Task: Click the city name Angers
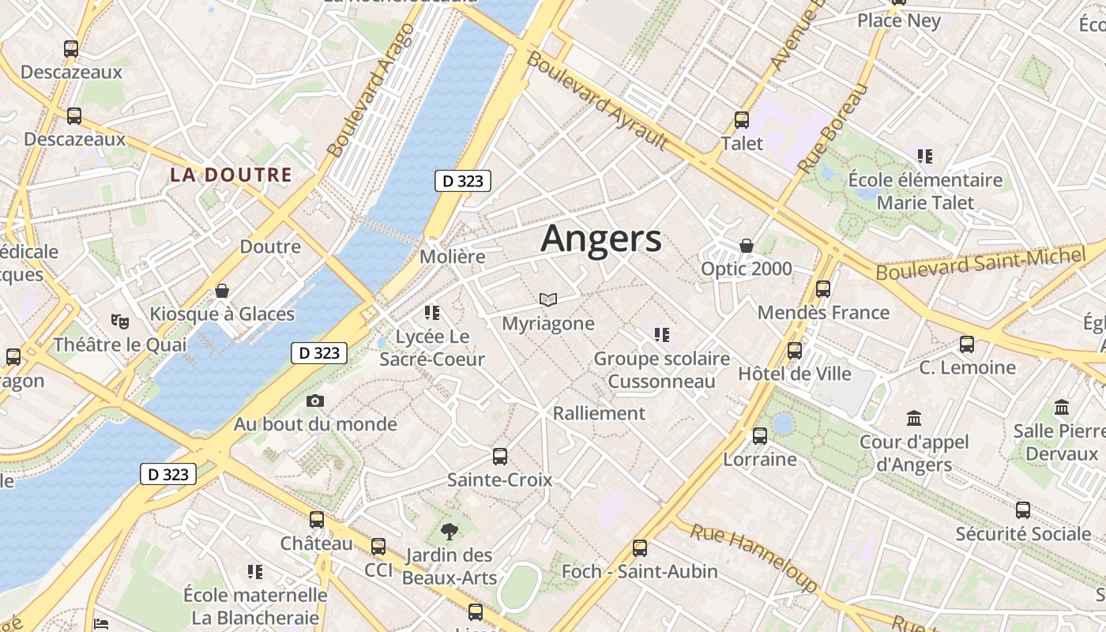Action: (600, 239)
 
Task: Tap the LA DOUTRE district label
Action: (231, 175)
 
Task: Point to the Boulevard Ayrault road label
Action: (597, 100)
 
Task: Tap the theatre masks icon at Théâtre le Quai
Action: (120, 321)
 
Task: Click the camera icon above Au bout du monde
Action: (315, 401)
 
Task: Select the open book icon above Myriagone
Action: (548, 299)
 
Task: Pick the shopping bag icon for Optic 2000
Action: (747, 246)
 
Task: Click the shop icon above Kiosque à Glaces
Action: (222, 291)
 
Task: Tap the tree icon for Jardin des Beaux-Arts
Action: (450, 531)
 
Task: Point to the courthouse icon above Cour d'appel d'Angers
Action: (914, 418)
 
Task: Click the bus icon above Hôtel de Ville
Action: (795, 350)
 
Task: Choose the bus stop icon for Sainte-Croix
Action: (499, 456)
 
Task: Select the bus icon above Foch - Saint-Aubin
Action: (640, 547)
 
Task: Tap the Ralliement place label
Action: (599, 413)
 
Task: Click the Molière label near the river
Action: (452, 257)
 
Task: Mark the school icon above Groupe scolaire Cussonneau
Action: (662, 335)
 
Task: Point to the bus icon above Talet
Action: (741, 120)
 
